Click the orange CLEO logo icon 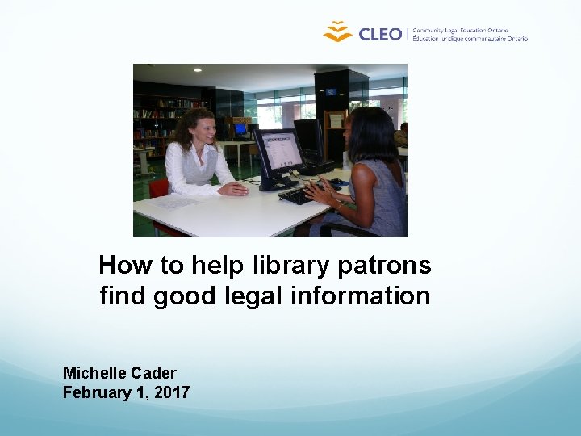[x=337, y=31]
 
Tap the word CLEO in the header [x=379, y=34]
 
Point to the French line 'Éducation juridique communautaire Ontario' [x=470, y=38]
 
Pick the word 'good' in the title [x=182, y=296]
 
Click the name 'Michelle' [x=96, y=373]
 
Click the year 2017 [x=172, y=392]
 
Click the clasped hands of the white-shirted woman [x=233, y=188]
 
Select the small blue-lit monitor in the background [x=240, y=128]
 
